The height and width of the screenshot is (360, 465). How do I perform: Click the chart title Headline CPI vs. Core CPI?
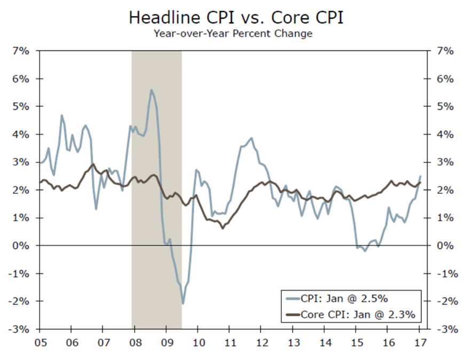click(x=235, y=18)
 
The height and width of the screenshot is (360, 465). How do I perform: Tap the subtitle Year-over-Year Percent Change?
click(x=233, y=34)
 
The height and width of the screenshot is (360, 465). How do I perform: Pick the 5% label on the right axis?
click(x=445, y=106)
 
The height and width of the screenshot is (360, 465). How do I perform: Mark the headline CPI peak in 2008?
click(x=151, y=90)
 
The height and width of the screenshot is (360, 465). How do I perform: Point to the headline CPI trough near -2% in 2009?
click(x=183, y=304)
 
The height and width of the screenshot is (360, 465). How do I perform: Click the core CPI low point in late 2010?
click(x=223, y=228)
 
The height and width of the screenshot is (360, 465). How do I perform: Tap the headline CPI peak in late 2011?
click(x=251, y=138)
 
